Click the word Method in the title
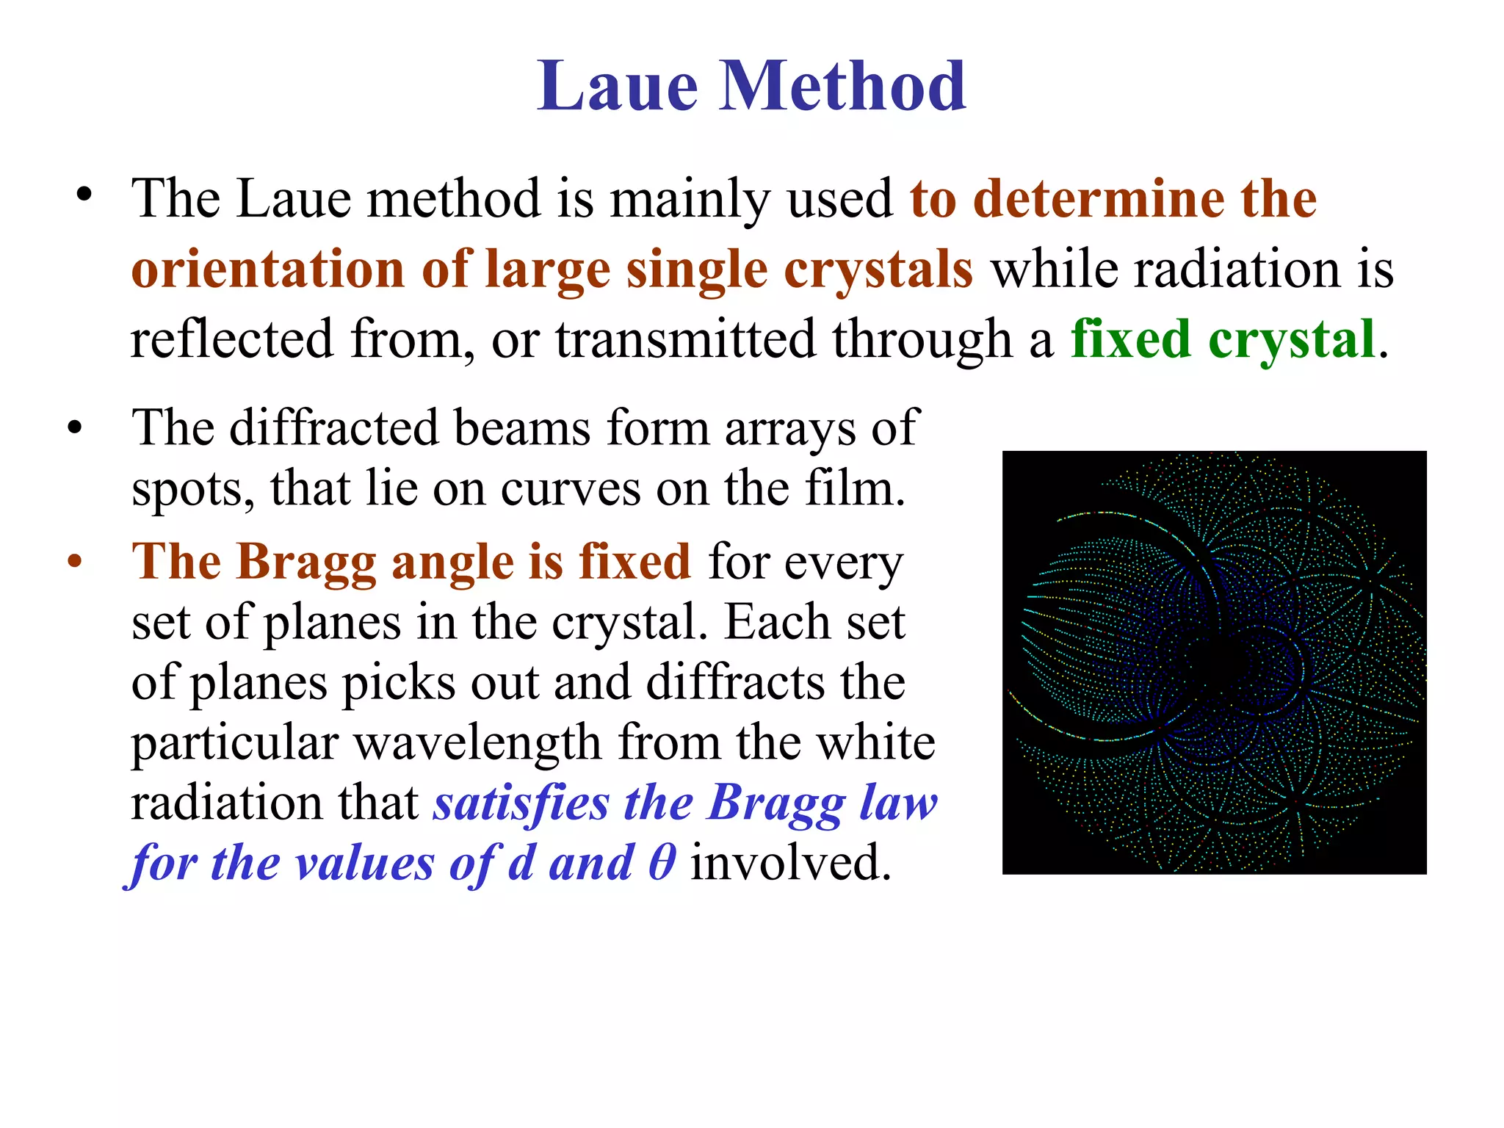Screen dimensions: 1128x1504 coord(842,87)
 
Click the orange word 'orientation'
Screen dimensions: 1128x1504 coord(267,270)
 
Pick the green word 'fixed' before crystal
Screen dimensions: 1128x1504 coord(1130,339)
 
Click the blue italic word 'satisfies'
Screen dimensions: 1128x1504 coord(521,803)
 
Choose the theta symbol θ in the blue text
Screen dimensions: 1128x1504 coord(662,862)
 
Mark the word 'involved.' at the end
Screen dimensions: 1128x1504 coord(790,862)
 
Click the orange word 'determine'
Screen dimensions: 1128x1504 coord(1099,199)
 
